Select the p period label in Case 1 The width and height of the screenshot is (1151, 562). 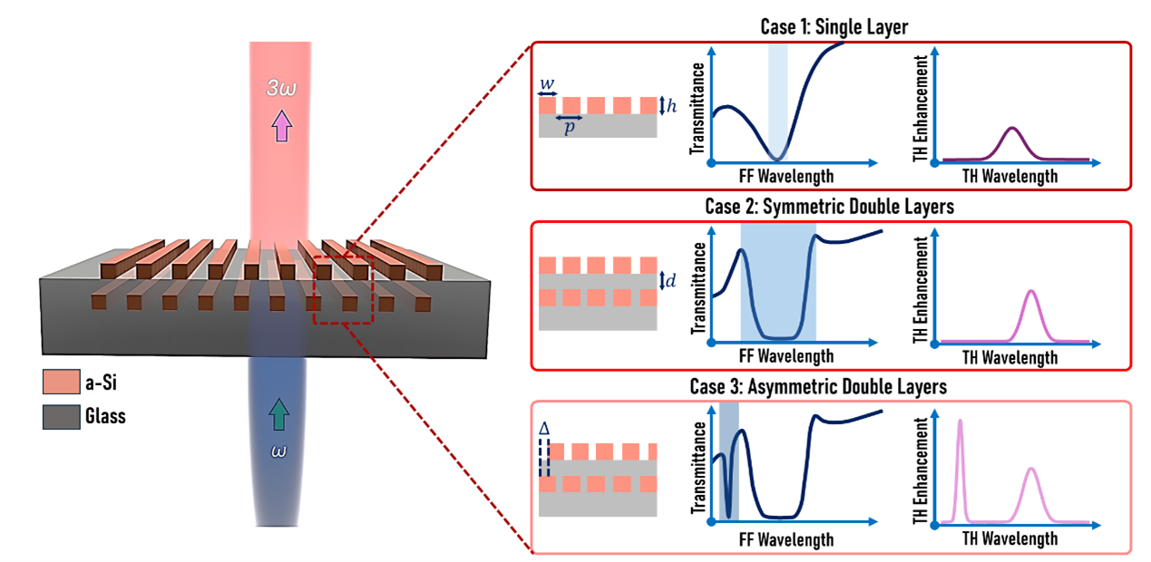point(570,129)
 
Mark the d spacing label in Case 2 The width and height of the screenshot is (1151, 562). point(670,280)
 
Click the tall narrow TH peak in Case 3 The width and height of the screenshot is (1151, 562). point(961,421)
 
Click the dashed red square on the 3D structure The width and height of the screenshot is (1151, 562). point(343,290)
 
